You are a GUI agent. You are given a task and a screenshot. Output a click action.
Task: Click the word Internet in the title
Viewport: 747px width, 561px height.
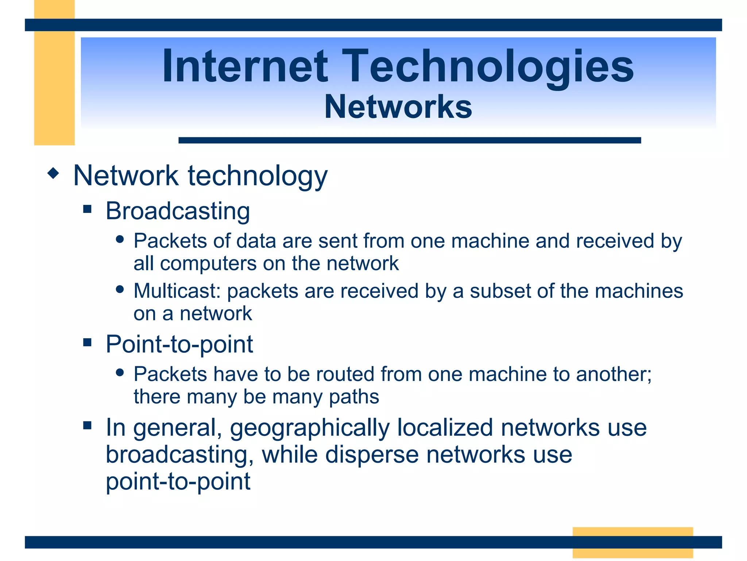coord(245,66)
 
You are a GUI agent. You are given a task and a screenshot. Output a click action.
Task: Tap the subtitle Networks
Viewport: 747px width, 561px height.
coord(398,107)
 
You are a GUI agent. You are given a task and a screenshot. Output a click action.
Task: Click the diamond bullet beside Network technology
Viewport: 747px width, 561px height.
coord(53,173)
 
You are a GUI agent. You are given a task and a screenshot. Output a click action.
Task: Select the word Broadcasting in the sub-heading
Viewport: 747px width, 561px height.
coord(178,211)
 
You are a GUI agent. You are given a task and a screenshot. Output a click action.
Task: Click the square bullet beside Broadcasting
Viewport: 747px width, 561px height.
coord(87,209)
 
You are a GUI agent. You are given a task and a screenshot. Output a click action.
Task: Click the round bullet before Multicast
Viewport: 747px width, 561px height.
coord(120,289)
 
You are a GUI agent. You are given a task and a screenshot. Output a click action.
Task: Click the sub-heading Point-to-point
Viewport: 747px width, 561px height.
coord(179,344)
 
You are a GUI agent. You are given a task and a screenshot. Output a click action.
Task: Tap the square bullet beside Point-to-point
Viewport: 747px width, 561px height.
coord(87,342)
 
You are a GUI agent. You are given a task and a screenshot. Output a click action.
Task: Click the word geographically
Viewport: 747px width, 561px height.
coord(310,428)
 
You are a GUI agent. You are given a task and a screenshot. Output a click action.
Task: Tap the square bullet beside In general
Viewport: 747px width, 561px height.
coord(87,425)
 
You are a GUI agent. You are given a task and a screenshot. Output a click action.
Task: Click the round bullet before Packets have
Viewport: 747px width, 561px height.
coord(120,373)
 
